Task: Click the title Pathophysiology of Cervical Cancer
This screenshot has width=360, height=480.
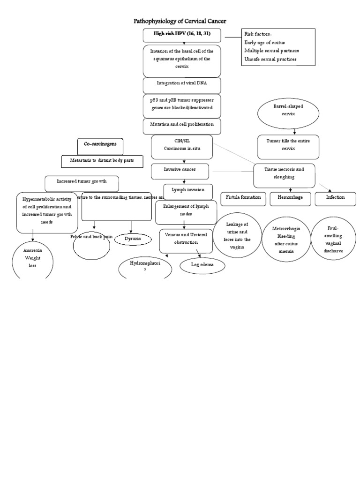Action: point(180,21)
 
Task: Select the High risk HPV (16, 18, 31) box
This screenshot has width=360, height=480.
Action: point(181,35)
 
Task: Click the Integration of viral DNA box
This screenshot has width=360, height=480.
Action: point(181,85)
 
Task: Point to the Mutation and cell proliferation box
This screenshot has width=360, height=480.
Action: point(181,126)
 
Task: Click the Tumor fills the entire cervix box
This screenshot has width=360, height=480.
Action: point(288,146)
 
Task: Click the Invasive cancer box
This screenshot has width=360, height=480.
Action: point(180,171)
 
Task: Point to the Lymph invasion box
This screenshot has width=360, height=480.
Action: point(188,191)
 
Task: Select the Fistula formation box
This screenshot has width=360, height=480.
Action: point(243,198)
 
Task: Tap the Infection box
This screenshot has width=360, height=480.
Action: point(336,198)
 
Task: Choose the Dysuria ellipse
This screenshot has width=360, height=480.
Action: point(134,239)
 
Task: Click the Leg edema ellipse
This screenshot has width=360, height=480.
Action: point(202,266)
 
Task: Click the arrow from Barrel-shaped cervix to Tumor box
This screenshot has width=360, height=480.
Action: point(288,132)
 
